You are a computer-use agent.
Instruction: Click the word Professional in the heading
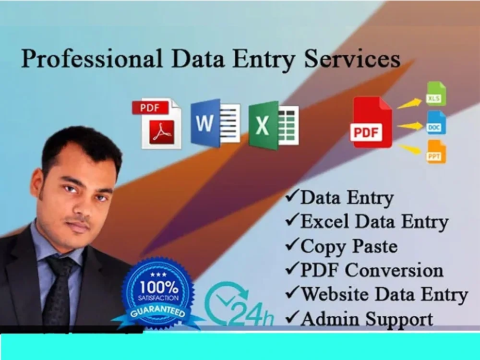(92, 60)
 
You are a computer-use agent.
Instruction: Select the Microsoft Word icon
(215, 123)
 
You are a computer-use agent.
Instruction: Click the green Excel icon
(273, 125)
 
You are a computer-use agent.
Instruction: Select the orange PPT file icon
(436, 152)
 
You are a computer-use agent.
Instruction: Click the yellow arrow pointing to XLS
(409, 102)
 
